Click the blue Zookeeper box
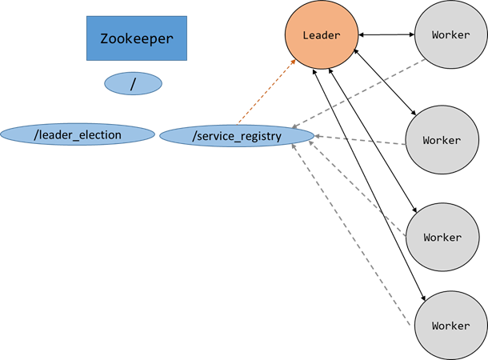tap(137, 38)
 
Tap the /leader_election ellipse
tap(77, 134)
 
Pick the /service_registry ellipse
tap(237, 136)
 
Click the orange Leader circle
tap(322, 36)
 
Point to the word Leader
tap(322, 36)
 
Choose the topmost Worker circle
tap(450, 36)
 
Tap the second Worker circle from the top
tap(442, 140)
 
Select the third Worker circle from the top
tap(442, 238)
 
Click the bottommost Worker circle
tap(450, 326)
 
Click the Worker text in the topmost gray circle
tap(450, 36)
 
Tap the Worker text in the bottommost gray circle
tap(450, 326)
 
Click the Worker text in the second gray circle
tap(442, 140)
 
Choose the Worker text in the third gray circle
tap(442, 238)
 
